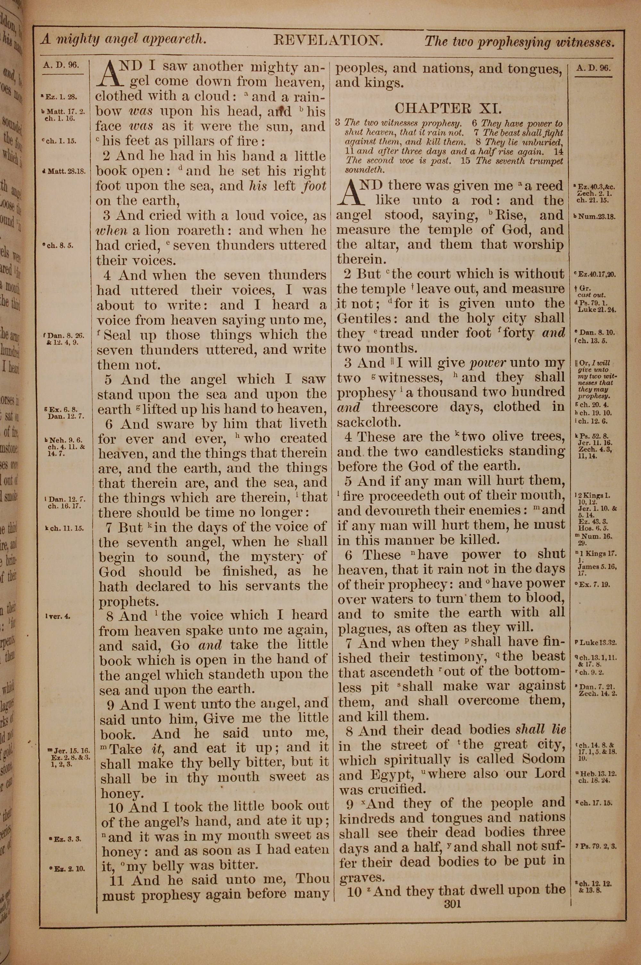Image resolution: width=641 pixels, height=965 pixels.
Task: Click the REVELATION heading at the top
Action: (x=328, y=40)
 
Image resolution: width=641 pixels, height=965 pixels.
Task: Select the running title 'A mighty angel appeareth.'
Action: (x=123, y=40)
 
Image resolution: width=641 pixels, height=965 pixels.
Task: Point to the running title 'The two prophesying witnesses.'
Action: (x=519, y=42)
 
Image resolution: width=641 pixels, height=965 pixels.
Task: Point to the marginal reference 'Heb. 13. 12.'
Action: (x=595, y=785)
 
